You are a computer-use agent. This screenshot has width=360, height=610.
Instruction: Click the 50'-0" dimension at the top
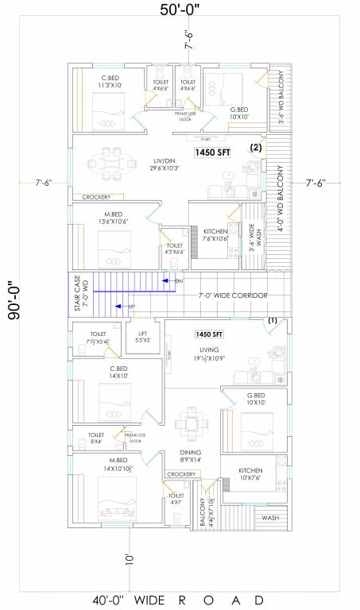180,11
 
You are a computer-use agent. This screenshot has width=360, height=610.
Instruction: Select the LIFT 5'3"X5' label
142,337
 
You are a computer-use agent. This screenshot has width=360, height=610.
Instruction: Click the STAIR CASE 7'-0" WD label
83,294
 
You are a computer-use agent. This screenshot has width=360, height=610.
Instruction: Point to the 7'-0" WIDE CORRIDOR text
232,295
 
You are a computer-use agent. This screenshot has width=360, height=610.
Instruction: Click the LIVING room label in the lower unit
209,351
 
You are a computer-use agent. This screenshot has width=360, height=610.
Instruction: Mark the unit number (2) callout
255,148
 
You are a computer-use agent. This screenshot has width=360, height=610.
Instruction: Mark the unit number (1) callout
273,320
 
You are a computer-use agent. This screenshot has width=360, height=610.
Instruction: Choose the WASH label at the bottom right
269,518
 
